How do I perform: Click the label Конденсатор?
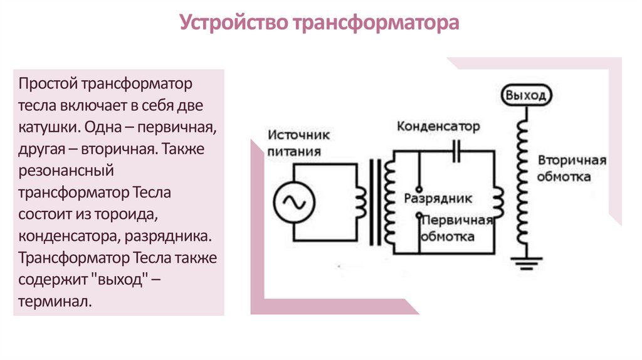click(x=438, y=127)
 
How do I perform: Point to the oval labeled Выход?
click(x=527, y=96)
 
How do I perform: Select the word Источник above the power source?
click(x=299, y=135)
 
